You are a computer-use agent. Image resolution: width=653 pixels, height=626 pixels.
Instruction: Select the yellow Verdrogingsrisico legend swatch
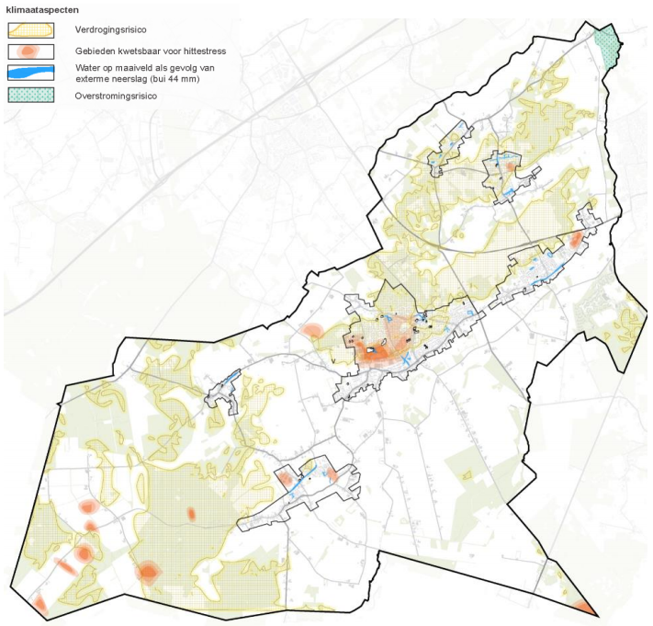pyautogui.click(x=30, y=29)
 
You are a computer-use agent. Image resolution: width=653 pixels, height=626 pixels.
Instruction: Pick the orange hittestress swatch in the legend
pyautogui.click(x=30, y=51)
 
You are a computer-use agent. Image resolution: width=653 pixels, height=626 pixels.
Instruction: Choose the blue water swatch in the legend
pyautogui.click(x=30, y=73)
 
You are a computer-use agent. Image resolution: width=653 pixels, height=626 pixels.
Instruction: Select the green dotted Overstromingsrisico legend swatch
pyautogui.click(x=30, y=95)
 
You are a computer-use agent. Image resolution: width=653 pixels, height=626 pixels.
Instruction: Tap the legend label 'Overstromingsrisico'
pyautogui.click(x=115, y=95)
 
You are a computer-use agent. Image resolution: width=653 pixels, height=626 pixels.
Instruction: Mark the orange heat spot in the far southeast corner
pyautogui.click(x=584, y=607)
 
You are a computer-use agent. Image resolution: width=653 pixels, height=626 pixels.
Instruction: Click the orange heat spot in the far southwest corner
pyautogui.click(x=39, y=603)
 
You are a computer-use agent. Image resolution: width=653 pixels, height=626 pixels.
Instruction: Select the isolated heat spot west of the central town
pyautogui.click(x=311, y=330)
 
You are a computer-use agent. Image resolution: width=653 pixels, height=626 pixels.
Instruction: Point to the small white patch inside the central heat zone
pyautogui.click(x=372, y=349)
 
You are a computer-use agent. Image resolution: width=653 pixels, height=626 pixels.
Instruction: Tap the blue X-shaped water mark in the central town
pyautogui.click(x=405, y=360)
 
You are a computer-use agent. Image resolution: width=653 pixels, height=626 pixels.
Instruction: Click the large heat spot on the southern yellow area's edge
pyautogui.click(x=147, y=573)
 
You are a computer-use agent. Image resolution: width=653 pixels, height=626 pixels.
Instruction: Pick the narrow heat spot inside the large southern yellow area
pyautogui.click(x=191, y=514)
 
